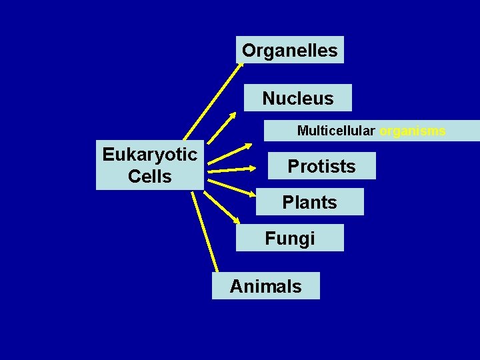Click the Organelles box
(290, 50)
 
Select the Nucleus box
(297, 99)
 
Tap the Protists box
(321, 166)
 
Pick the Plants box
(309, 202)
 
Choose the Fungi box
(290, 238)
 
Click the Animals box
(265, 286)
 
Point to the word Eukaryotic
(149, 155)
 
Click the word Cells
(149, 177)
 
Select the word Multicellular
(336, 131)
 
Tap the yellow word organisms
(413, 131)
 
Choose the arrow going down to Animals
(207, 233)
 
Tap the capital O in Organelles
(249, 50)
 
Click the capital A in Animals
(237, 287)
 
